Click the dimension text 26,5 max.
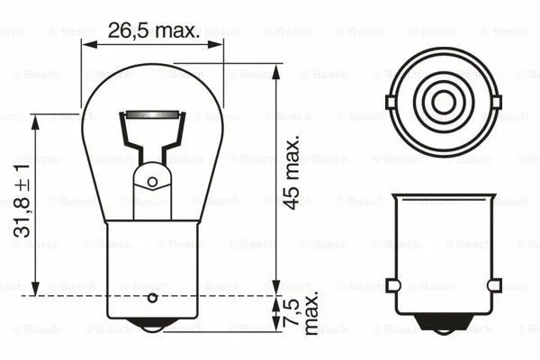click(x=153, y=31)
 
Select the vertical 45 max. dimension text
click(x=290, y=173)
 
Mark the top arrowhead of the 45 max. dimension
click(x=274, y=68)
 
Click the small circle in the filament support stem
click(x=152, y=181)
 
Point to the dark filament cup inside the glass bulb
click(x=152, y=117)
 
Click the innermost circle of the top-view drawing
click(x=443, y=102)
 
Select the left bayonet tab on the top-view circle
click(x=391, y=102)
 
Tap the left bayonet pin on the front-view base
click(x=392, y=285)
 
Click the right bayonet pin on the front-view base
click(x=493, y=285)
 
